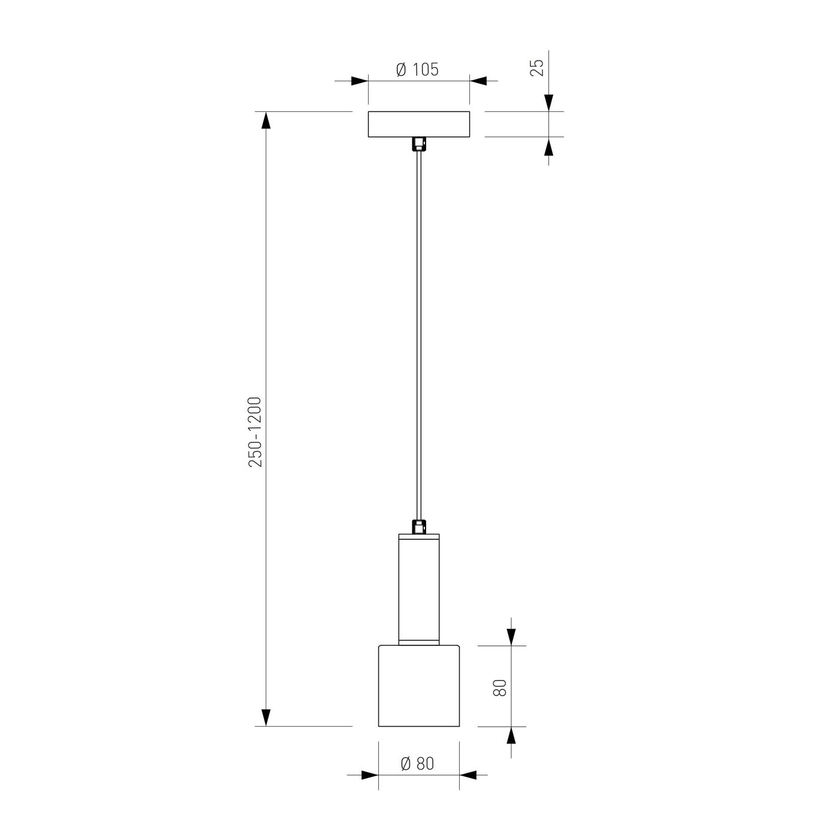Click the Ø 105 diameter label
417,69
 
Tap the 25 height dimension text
537,68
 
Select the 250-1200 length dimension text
255,432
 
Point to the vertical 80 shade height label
500,688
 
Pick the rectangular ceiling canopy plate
419,125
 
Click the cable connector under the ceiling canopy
419,144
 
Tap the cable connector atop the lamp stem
419,527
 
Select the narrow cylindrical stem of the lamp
419,589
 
